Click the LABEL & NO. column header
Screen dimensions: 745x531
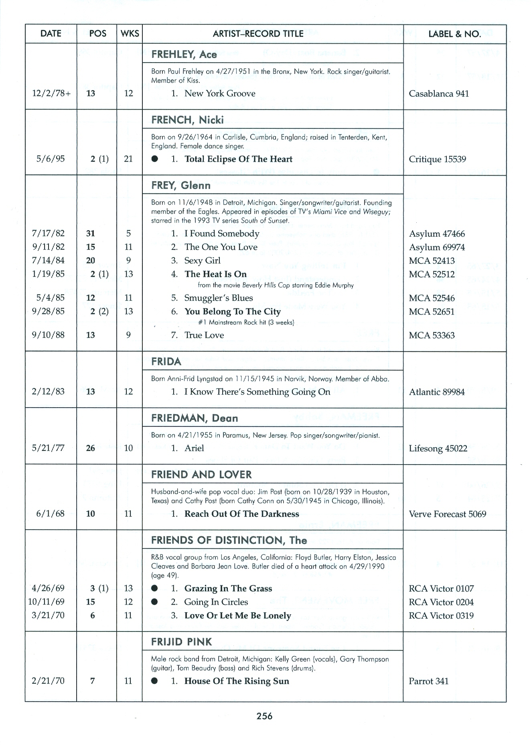click(454, 34)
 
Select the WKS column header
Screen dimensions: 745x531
click(130, 34)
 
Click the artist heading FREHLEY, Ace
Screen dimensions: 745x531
click(184, 55)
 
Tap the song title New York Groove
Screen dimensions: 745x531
click(220, 93)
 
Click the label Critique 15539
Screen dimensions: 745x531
click(437, 159)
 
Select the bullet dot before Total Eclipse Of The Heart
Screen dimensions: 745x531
click(155, 159)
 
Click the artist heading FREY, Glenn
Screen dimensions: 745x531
click(181, 185)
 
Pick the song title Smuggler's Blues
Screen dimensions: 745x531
click(218, 298)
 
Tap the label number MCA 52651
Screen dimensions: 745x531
click(432, 312)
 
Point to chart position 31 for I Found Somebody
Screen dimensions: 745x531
click(91, 233)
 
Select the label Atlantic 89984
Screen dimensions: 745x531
click(437, 392)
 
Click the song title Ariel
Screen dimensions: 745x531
click(194, 448)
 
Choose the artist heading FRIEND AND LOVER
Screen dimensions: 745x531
click(201, 475)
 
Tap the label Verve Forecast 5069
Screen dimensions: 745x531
click(447, 514)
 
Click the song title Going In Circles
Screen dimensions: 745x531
click(216, 602)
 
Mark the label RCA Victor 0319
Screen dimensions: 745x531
click(441, 616)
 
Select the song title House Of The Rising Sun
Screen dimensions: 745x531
click(237, 681)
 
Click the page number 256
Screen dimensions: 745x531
click(265, 716)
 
